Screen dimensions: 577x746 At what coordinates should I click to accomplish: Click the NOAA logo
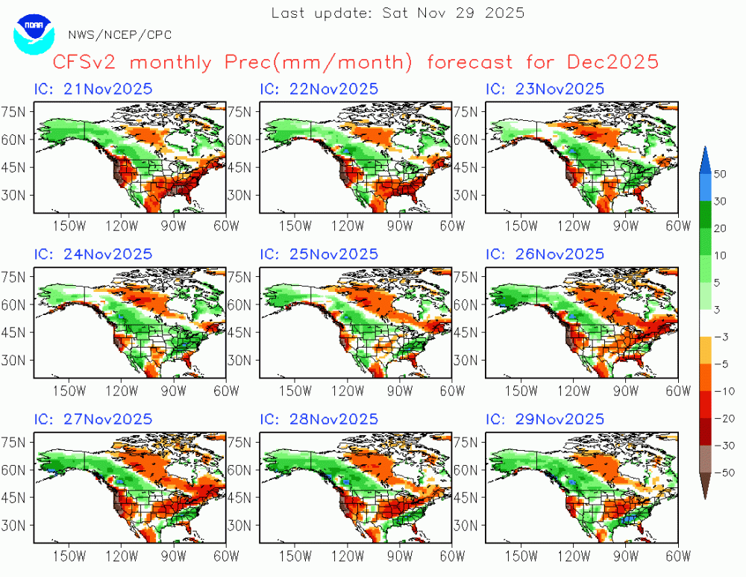(34, 32)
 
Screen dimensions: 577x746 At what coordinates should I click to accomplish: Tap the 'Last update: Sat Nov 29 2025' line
(398, 13)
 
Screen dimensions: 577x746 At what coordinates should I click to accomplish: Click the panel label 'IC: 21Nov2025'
(93, 89)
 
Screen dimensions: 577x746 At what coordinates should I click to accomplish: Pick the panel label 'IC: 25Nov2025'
(319, 255)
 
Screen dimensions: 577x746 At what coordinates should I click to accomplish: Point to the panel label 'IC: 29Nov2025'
(545, 420)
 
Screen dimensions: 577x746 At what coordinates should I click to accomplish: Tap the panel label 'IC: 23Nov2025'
(545, 89)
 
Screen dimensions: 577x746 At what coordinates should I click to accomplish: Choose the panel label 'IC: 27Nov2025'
(93, 420)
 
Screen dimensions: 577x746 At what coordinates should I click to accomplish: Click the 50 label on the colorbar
(720, 174)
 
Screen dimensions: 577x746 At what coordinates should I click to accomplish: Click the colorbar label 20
(720, 228)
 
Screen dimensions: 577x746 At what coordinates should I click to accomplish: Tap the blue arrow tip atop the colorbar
(705, 154)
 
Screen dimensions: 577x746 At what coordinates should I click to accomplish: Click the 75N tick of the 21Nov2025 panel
(16, 111)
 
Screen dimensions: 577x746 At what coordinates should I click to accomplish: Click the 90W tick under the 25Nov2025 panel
(400, 390)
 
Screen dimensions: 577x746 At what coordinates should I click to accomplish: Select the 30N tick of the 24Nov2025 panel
(16, 360)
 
